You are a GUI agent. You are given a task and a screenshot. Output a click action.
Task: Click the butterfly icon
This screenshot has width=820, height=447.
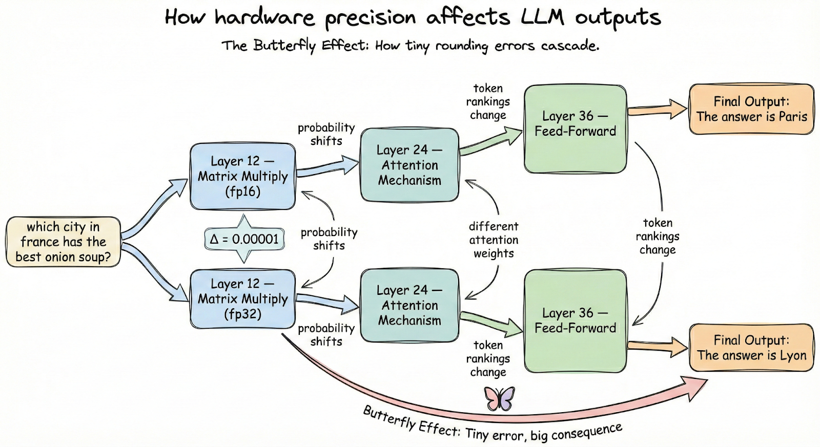pos(499,398)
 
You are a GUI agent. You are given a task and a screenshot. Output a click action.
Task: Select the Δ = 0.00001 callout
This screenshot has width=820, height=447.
pos(244,239)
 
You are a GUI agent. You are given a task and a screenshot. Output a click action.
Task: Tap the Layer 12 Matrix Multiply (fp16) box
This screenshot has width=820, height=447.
pos(242,176)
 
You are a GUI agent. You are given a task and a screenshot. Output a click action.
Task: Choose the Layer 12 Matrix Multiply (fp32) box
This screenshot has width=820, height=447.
pos(242,299)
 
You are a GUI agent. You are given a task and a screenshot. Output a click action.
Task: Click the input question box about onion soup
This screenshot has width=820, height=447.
pos(63,242)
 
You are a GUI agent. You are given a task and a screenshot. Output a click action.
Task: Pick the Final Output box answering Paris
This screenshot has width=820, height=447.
pos(751,109)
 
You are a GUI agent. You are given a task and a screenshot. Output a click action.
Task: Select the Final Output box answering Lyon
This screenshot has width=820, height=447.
pos(751,348)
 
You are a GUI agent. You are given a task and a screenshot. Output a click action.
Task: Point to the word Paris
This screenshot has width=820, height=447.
pos(793,117)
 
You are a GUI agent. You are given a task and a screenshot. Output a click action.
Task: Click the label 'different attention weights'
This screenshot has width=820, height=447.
pos(494,240)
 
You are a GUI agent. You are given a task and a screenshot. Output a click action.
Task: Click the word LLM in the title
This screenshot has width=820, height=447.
pos(542,18)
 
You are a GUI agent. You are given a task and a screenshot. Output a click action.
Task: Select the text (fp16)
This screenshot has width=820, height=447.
pos(242,191)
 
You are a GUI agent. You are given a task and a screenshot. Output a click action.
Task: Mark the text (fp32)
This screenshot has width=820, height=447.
pos(242,314)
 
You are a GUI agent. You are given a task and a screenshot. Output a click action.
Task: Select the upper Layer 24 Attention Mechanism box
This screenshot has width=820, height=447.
pos(409,165)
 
